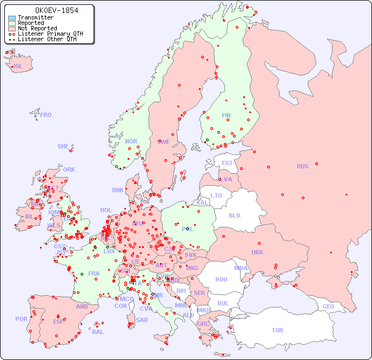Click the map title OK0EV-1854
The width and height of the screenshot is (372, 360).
[x=49, y=10]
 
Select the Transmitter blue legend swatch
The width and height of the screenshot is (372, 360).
[x=12, y=18]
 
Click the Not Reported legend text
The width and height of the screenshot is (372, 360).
[x=37, y=28]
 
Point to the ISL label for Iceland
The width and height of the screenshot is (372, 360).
[x=18, y=67]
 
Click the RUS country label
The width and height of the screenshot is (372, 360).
[x=302, y=166]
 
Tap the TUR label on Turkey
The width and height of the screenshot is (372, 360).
[x=277, y=330]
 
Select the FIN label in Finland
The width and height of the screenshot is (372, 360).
[x=226, y=115]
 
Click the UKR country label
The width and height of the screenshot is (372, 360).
[x=257, y=252]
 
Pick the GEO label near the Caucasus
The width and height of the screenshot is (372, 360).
[x=328, y=306]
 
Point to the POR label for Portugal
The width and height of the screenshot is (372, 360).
[x=21, y=319]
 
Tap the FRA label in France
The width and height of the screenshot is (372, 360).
[x=94, y=273]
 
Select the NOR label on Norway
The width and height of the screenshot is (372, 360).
[x=131, y=141]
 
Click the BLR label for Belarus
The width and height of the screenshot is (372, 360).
[x=235, y=215]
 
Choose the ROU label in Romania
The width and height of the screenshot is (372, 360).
[x=221, y=279]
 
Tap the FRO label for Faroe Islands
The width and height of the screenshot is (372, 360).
[x=46, y=115]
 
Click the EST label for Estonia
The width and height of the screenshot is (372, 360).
[x=227, y=163]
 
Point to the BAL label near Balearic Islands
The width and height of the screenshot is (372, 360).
[x=97, y=332]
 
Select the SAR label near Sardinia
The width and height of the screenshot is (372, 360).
[x=142, y=320]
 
